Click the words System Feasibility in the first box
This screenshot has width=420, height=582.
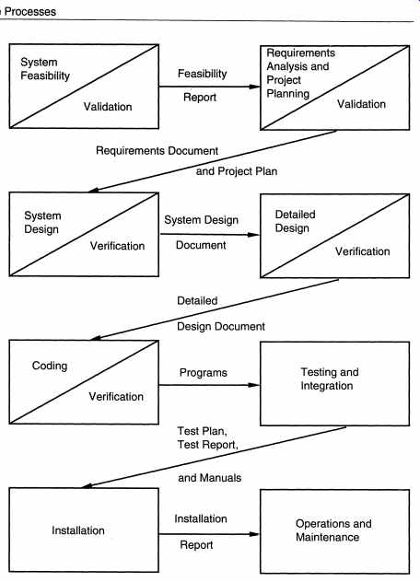click(45, 69)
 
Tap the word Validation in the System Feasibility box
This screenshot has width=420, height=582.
click(108, 107)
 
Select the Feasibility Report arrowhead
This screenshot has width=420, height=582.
click(255, 87)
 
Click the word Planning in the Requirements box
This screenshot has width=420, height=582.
click(287, 94)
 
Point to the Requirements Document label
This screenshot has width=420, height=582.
click(157, 151)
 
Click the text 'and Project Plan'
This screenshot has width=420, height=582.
click(237, 171)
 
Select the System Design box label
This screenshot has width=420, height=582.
click(42, 222)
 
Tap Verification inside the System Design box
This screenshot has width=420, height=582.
click(117, 246)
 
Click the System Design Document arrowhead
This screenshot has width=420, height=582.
click(253, 235)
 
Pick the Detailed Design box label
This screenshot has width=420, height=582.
click(296, 221)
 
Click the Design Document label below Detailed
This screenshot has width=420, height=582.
click(221, 327)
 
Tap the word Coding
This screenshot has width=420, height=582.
click(50, 366)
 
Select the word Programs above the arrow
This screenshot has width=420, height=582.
click(204, 373)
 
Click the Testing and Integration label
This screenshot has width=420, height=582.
click(330, 379)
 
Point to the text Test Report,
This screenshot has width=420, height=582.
click(207, 445)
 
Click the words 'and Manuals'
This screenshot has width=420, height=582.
click(209, 478)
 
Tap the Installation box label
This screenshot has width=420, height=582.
click(78, 530)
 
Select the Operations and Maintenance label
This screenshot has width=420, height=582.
click(333, 530)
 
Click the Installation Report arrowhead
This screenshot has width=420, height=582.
click(254, 534)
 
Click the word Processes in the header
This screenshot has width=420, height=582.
click(30, 11)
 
